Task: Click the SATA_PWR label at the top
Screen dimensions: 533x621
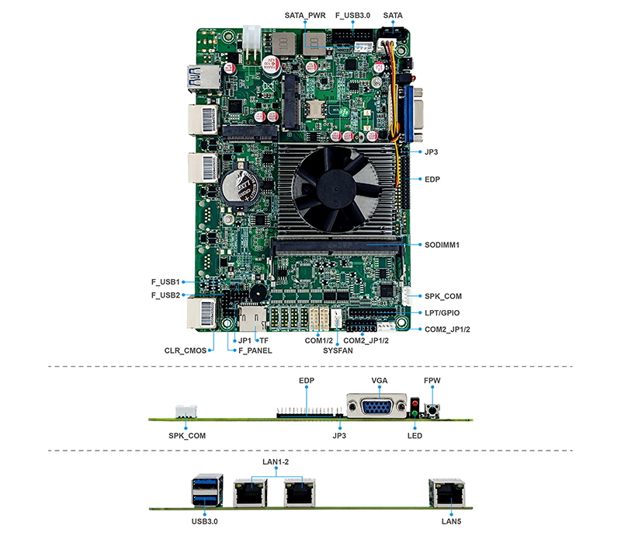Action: (x=305, y=15)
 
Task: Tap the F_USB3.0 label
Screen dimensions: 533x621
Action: (x=353, y=15)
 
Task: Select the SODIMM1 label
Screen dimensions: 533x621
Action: (x=442, y=245)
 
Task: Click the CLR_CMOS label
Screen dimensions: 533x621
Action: (x=186, y=350)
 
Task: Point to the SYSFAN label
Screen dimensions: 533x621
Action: (x=338, y=350)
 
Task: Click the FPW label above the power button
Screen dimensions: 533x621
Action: (x=432, y=381)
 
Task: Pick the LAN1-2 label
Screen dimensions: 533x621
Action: (x=276, y=463)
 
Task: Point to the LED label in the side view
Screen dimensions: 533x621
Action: (x=415, y=436)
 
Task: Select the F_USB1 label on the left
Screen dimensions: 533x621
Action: (x=165, y=281)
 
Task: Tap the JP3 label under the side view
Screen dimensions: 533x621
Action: (x=338, y=436)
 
